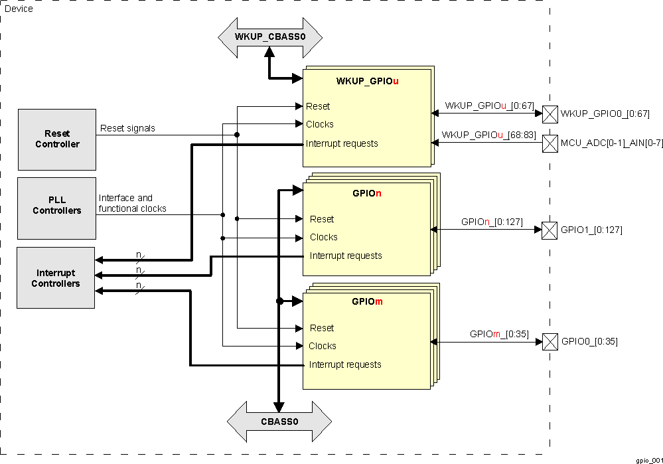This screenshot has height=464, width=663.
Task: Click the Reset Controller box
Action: pyautogui.click(x=56, y=139)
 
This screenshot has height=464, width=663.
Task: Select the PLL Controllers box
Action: pyautogui.click(x=56, y=205)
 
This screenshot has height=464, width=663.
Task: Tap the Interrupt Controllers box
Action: pyautogui.click(x=56, y=278)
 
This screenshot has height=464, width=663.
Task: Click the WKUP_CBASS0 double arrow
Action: pyautogui.click(x=269, y=37)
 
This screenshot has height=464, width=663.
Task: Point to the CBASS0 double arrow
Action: pyautogui.click(x=279, y=421)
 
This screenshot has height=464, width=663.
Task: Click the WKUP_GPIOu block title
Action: pyautogui.click(x=368, y=81)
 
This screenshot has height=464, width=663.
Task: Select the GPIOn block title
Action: pyautogui.click(x=367, y=194)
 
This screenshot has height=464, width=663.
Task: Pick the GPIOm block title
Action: pyautogui.click(x=367, y=301)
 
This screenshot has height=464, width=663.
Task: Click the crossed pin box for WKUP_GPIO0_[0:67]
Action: pyautogui.click(x=550, y=114)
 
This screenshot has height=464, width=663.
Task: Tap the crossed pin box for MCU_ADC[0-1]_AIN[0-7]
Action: pyautogui.click(x=550, y=142)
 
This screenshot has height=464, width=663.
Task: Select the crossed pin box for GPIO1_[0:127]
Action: pyautogui.click(x=550, y=230)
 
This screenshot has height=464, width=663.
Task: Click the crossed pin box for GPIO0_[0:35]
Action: pyautogui.click(x=550, y=342)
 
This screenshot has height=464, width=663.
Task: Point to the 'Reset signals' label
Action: pyautogui.click(x=127, y=128)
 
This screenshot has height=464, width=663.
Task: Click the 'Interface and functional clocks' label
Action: pyautogui.click(x=133, y=203)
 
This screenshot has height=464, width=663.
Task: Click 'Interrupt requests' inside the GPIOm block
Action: pyautogui.click(x=345, y=364)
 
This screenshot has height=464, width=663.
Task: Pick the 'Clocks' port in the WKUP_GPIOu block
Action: pyautogui.click(x=320, y=124)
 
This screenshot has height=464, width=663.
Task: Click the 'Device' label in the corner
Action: pyautogui.click(x=19, y=9)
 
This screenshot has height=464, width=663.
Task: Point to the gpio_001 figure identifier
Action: pyautogui.click(x=648, y=459)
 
